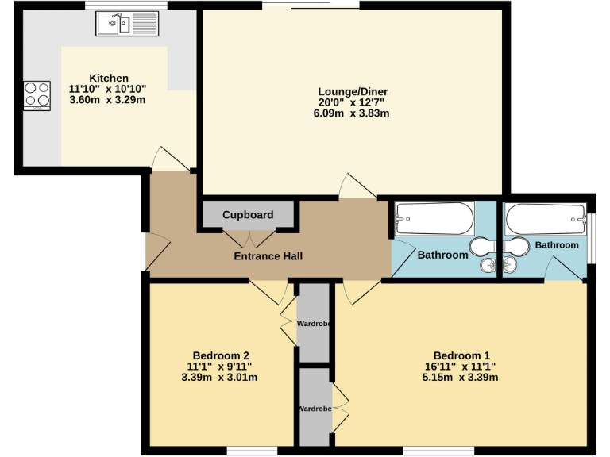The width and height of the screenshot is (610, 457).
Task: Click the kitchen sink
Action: pos(128,25)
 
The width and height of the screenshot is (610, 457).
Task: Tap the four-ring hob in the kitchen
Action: pos(37,94)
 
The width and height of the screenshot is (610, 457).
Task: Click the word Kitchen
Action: pos(109,78)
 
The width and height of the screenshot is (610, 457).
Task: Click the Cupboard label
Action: pos(248,215)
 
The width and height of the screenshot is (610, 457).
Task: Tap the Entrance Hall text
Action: pos(268,256)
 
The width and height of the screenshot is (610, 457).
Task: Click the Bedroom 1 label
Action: pos(461,355)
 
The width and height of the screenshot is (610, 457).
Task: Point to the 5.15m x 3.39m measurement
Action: pos(461,377)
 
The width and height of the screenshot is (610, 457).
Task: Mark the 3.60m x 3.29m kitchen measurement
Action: pos(109,100)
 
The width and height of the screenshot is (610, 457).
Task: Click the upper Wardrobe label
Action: pos(315,324)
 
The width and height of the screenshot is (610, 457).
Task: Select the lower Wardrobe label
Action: pos(315,409)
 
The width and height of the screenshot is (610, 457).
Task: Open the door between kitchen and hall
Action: pos(171,159)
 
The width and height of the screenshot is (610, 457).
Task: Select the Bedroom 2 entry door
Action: pos(270,292)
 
